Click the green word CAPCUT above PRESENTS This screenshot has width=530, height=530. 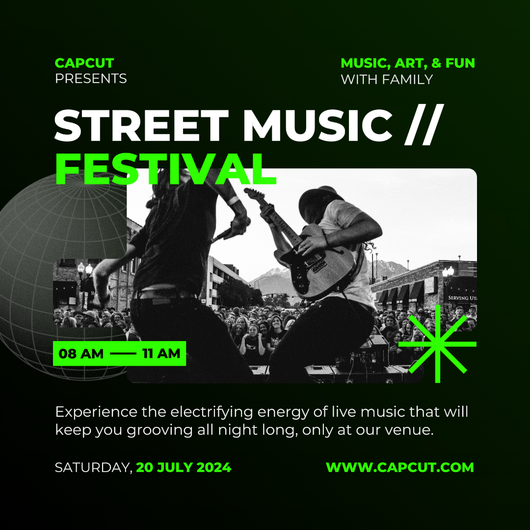(x=84, y=63)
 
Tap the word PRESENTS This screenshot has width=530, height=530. (x=91, y=79)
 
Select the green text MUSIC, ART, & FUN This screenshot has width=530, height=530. (x=408, y=63)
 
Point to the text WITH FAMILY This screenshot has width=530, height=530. (x=387, y=79)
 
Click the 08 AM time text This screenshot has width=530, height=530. (x=81, y=353)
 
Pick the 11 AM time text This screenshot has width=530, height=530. (x=161, y=353)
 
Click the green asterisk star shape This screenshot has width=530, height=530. (x=437, y=344)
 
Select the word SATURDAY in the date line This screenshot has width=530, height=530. (x=92, y=468)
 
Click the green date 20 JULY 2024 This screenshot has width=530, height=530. (x=184, y=468)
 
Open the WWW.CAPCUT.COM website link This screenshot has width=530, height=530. (x=400, y=468)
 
